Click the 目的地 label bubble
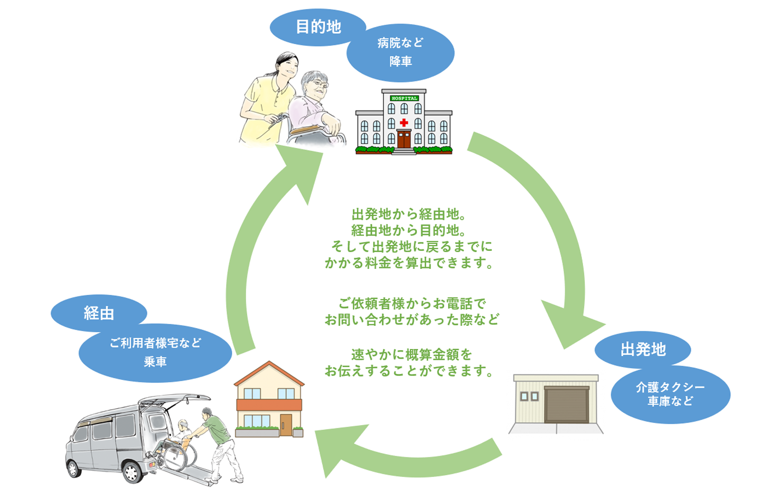(x=317, y=27)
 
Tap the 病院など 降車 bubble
(x=400, y=53)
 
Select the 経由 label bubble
(x=99, y=313)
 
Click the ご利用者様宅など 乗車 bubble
(x=155, y=353)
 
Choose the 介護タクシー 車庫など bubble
(x=671, y=394)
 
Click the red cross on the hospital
(x=404, y=123)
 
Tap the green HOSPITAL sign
(x=404, y=98)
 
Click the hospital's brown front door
(x=404, y=139)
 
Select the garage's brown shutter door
(x=567, y=405)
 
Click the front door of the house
(x=286, y=425)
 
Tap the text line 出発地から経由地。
(x=408, y=214)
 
